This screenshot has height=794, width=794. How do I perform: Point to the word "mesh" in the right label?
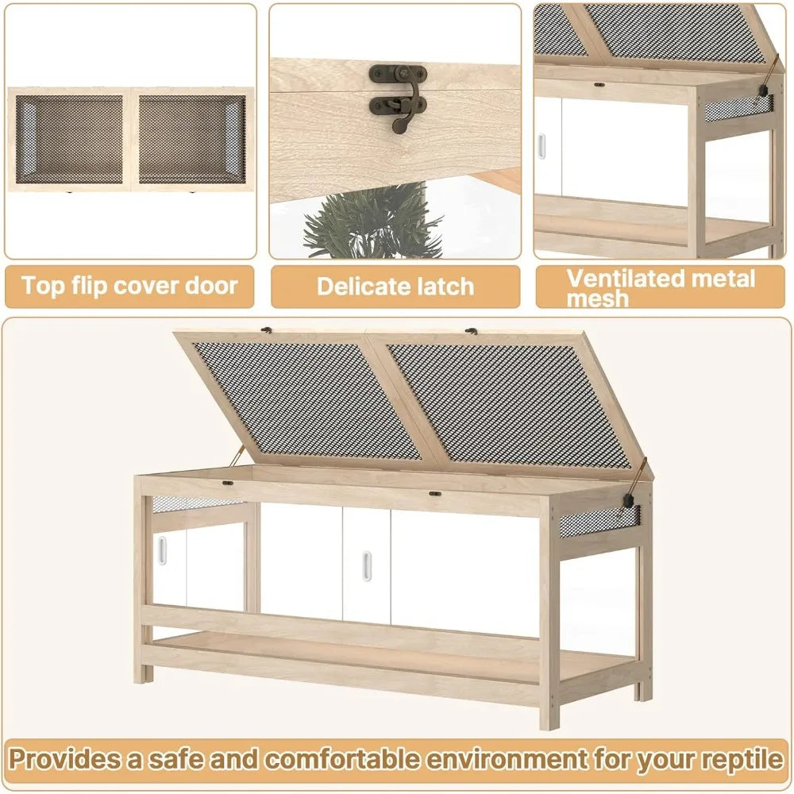pos(597,299)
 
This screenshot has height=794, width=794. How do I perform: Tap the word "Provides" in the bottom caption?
pos(64,759)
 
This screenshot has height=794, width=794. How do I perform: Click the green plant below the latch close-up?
pos(372,222)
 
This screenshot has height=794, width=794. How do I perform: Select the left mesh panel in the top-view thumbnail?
pos(70,139)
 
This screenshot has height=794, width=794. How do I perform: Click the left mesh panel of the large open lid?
pos(306,397)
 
